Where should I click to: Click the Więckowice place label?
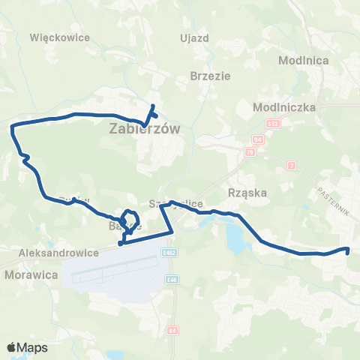pos(59,37)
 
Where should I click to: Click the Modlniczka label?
pos(286,107)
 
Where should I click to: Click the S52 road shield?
pos(274,123)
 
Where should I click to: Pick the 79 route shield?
pos(250,151)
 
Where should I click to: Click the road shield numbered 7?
pos(291,163)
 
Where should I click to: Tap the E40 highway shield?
pos(172,279)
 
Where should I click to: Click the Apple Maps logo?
pos(27,347)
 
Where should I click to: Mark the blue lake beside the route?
pos(235,238)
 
